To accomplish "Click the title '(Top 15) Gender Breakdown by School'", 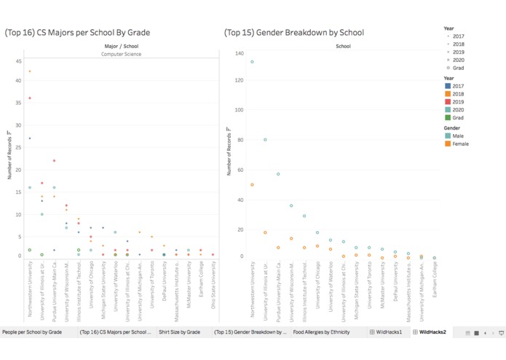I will pyautogui.click(x=294, y=33).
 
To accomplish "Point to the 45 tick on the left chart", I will pyautogui.click(x=18, y=61).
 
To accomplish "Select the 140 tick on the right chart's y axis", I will pyautogui.click(x=240, y=54).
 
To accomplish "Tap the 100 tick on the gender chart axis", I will pyautogui.click(x=240, y=110).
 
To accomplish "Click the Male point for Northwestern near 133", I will pyautogui.click(x=252, y=62).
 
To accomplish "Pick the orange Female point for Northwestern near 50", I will pyautogui.click(x=252, y=185).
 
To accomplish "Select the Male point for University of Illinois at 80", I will pyautogui.click(x=265, y=140).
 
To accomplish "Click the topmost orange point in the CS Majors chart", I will pyautogui.click(x=30, y=71).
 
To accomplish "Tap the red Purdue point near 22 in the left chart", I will pyautogui.click(x=54, y=161).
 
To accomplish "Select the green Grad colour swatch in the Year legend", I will pyautogui.click(x=448, y=118).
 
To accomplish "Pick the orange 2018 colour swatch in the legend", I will pyautogui.click(x=448, y=94).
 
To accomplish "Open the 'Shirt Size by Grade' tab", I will pyautogui.click(x=179, y=332).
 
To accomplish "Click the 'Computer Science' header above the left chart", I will pyautogui.click(x=121, y=54).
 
